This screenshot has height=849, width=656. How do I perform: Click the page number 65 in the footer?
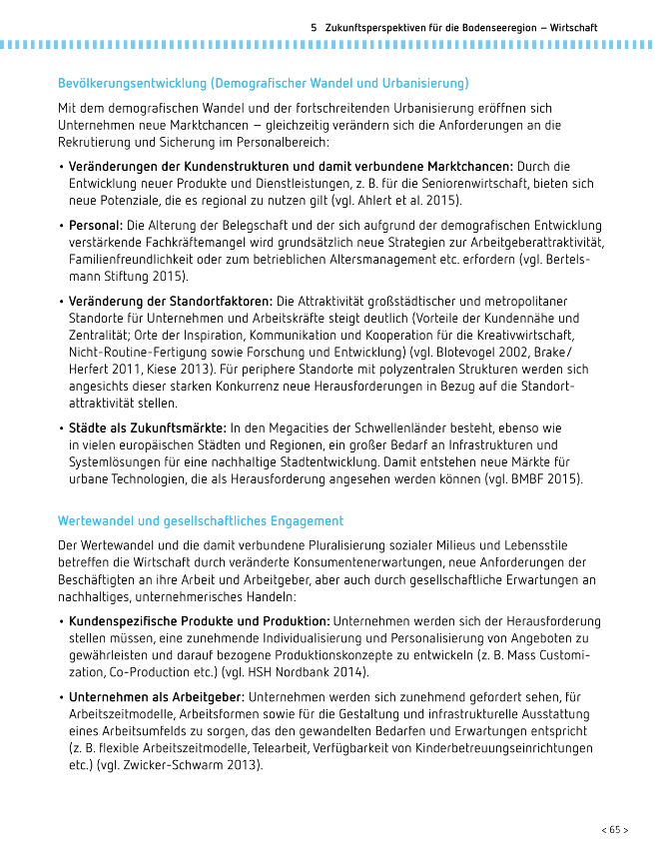pyautogui.click(x=614, y=829)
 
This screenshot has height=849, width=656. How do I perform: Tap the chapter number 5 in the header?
pyautogui.click(x=314, y=28)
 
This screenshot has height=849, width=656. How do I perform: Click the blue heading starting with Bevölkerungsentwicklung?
pyautogui.click(x=263, y=83)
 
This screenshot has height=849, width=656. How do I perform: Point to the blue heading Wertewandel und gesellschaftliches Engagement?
pyautogui.click(x=201, y=521)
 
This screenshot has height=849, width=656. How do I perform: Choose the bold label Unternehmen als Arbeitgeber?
pyautogui.click(x=157, y=695)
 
